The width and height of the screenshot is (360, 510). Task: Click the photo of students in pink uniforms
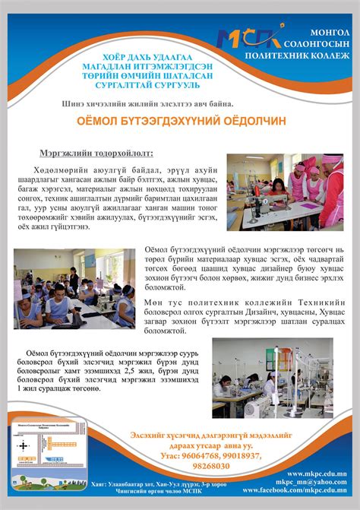coord(285,192)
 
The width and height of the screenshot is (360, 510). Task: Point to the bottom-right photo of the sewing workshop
coord(272,379)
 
